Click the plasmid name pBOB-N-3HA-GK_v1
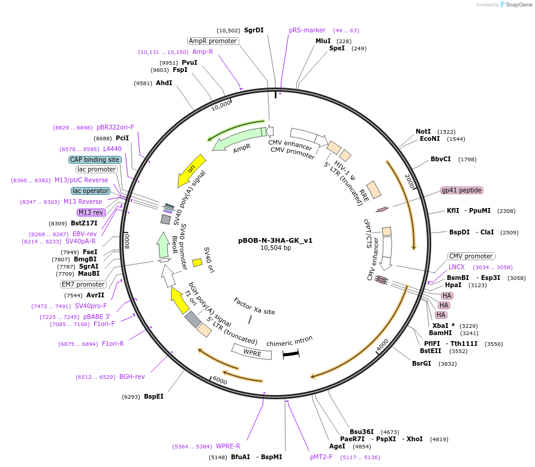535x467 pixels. tap(275, 240)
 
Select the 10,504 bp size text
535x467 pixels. tap(275, 248)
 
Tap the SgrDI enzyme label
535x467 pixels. tap(254, 30)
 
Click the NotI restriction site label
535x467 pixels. tap(423, 131)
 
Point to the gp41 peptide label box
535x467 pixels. tap(461, 190)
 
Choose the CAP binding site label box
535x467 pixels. tap(95, 159)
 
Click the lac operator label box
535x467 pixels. tap(91, 191)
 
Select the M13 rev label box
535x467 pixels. tap(91, 212)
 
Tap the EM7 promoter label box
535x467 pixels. tap(83, 284)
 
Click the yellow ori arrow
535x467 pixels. tap(192, 170)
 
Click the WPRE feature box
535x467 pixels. tap(252, 353)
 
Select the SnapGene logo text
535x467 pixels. tap(518, 5)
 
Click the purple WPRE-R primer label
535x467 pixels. tap(228, 446)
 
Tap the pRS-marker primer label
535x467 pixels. tap(307, 30)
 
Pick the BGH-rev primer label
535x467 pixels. tap(132, 376)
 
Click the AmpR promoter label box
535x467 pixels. tap(213, 41)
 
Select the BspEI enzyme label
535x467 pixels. tap(154, 396)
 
